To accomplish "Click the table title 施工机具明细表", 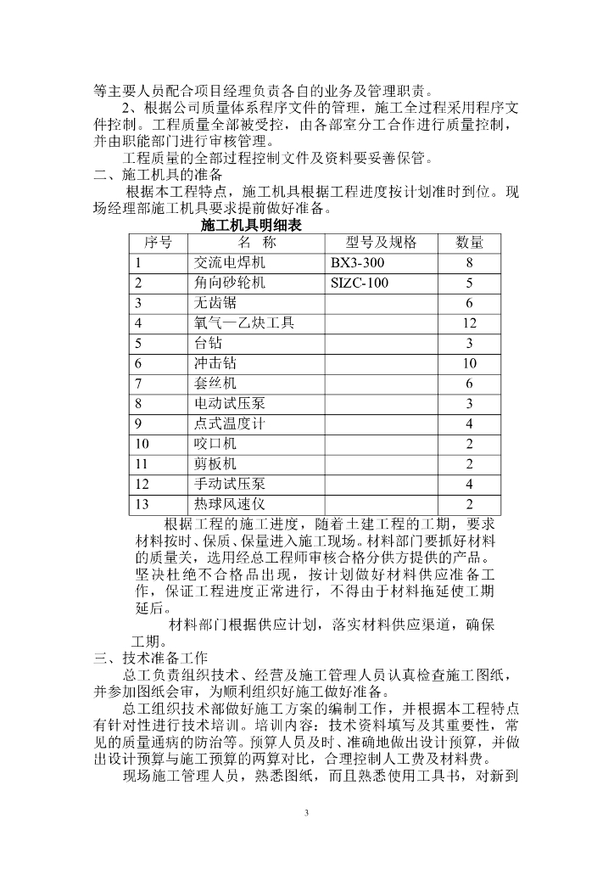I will (x=251, y=226).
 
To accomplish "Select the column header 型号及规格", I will (x=382, y=243).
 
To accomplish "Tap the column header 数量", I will (x=469, y=243).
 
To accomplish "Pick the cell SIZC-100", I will (x=360, y=283).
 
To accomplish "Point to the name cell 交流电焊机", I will (x=230, y=262).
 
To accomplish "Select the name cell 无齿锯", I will (x=215, y=303).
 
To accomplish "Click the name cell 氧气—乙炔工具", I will (x=246, y=323).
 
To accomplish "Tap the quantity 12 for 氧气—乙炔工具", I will (x=469, y=323).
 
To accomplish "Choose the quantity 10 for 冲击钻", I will (x=469, y=363).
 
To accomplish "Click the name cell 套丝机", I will (x=215, y=384).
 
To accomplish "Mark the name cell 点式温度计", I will (x=230, y=423).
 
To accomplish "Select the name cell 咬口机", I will (x=215, y=444).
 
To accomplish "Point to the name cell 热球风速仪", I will (x=230, y=504).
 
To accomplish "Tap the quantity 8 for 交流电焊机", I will (x=469, y=262).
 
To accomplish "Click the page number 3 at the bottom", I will (x=307, y=813).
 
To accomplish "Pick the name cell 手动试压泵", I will (x=230, y=484).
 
